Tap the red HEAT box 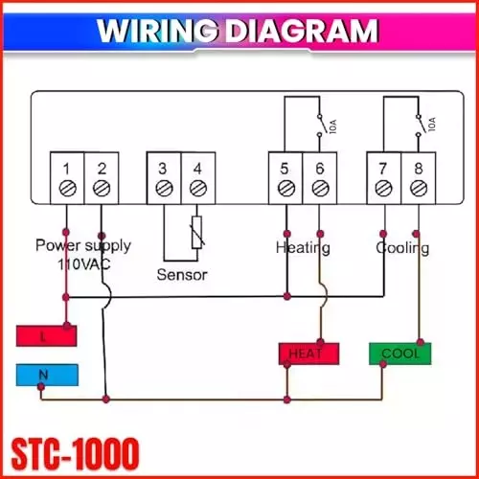309,354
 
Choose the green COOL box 399,353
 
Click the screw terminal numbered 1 67,189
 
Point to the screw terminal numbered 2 101,189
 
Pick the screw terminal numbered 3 163,189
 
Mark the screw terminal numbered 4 196,189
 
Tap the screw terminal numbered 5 285,189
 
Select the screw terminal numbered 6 319,189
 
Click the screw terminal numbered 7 383,189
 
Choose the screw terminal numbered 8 417,189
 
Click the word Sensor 182,274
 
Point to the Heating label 303,247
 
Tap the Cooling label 402,247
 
